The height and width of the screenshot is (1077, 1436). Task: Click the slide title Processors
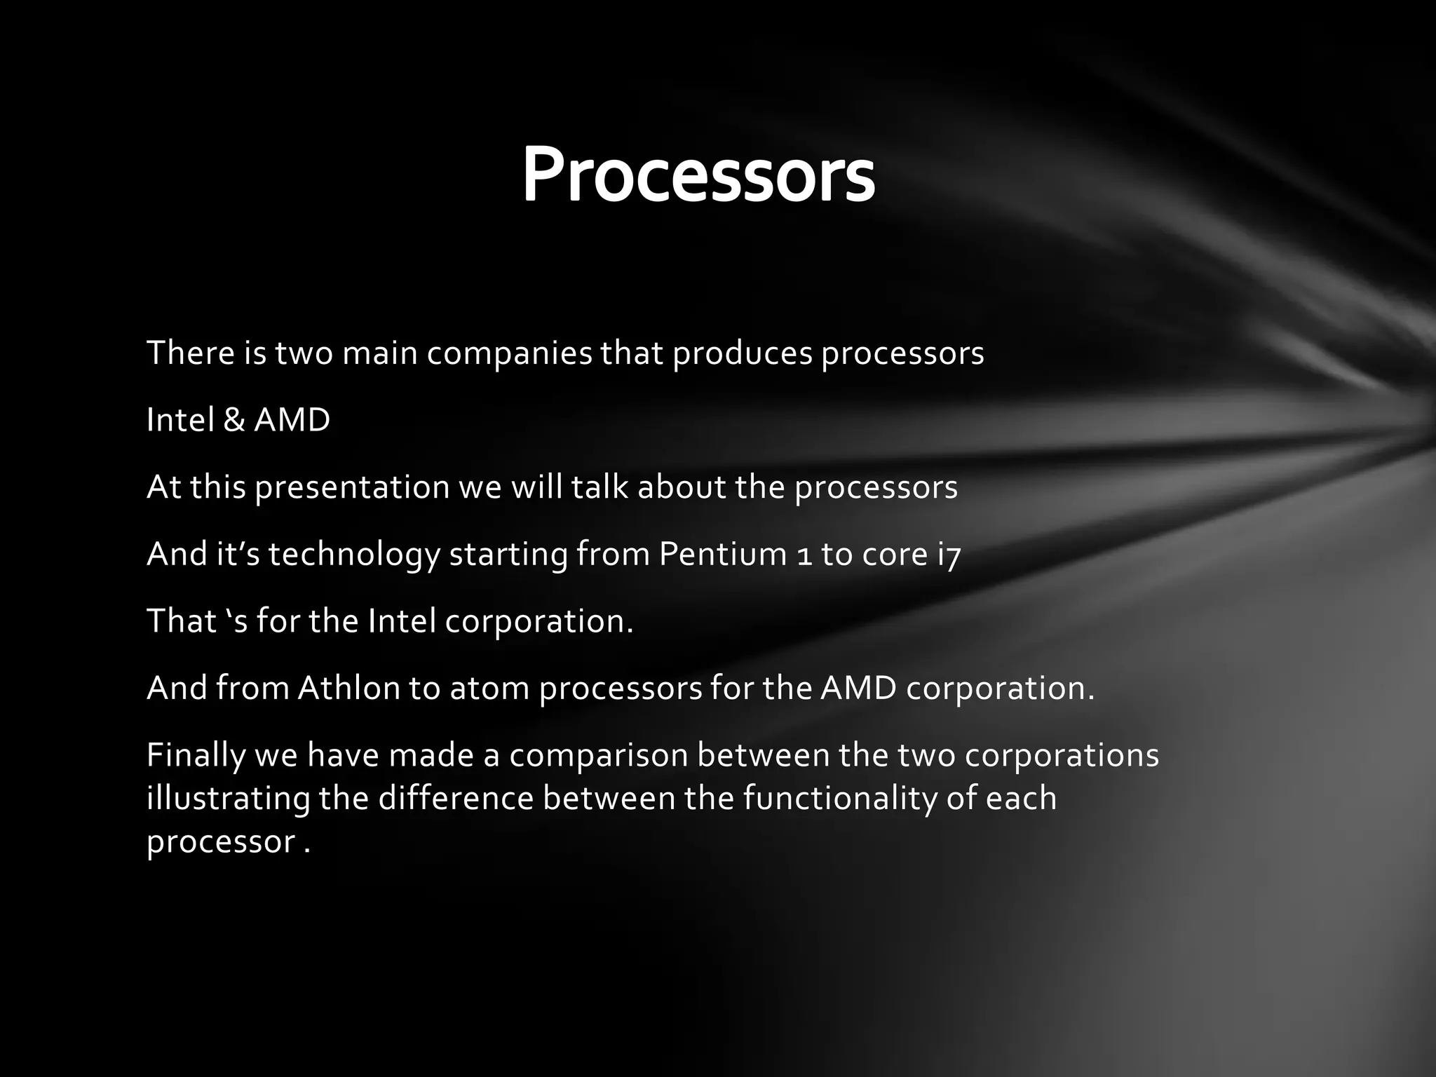[x=698, y=175]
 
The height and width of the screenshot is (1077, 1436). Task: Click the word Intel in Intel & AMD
[x=179, y=421]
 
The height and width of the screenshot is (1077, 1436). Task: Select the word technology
[x=354, y=555]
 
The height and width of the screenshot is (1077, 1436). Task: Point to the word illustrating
[x=228, y=799]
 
